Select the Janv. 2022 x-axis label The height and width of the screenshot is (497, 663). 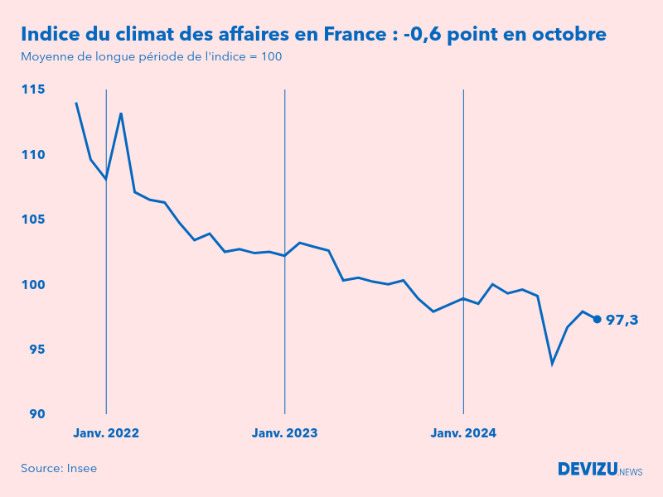click(106, 433)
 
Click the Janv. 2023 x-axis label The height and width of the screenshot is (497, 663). click(284, 433)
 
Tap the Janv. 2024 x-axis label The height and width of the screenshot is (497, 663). click(463, 433)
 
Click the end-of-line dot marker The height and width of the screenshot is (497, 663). click(597, 319)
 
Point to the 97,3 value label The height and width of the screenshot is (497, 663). click(622, 320)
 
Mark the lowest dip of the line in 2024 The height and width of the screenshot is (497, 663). click(552, 364)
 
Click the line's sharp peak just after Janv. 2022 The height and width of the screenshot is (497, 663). click(121, 113)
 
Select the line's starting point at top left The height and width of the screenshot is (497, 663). click(76, 103)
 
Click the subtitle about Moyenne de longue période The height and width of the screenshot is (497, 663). click(151, 57)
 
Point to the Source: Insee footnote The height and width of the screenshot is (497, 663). click(59, 468)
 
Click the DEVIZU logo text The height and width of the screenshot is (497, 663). click(588, 469)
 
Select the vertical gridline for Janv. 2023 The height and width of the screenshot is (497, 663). click(284, 248)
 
